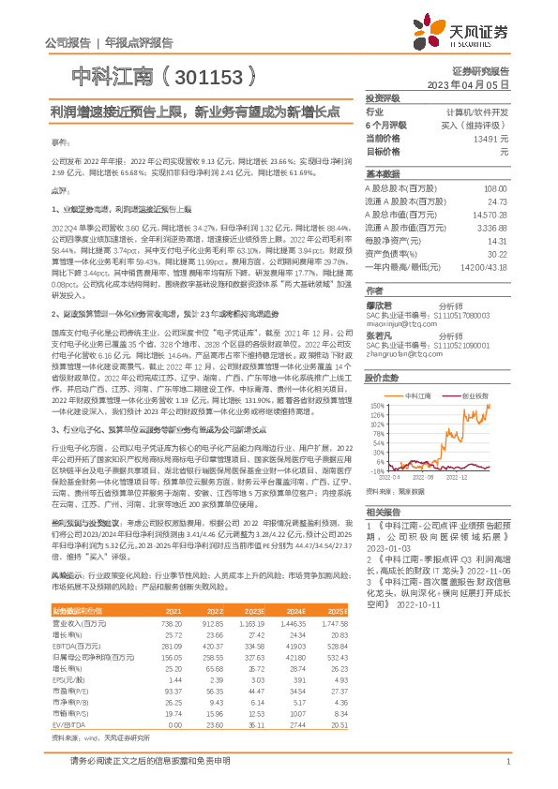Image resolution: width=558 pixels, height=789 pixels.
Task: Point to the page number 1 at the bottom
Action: point(506,762)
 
